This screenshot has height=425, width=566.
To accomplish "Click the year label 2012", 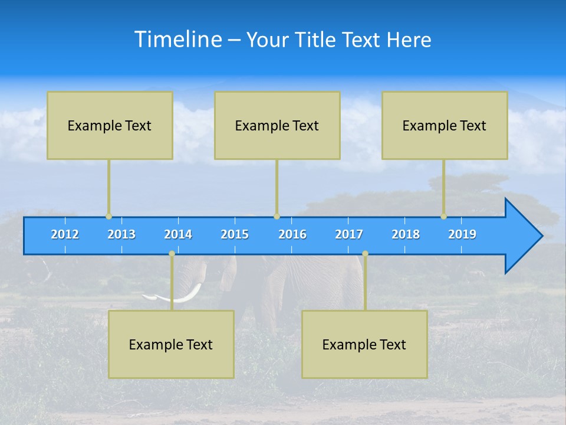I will [x=65, y=234].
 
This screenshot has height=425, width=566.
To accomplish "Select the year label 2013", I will [x=121, y=234].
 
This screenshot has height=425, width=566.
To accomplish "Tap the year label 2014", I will [x=178, y=234].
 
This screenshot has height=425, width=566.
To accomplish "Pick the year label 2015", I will [x=235, y=234].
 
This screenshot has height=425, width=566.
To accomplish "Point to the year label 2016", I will [x=292, y=234].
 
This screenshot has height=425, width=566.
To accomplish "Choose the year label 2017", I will [x=349, y=234].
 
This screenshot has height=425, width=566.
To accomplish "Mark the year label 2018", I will [x=406, y=234].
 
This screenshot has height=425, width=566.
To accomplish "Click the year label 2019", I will [x=462, y=234].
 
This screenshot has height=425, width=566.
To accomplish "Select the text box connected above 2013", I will [x=110, y=125].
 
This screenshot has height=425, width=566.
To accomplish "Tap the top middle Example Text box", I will [x=277, y=125].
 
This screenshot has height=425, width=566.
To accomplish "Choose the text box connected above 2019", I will [x=445, y=125].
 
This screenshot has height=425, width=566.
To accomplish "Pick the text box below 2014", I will [x=171, y=344].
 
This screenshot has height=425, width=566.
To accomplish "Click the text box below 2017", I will [x=364, y=344].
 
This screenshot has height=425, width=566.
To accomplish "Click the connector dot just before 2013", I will [x=108, y=217].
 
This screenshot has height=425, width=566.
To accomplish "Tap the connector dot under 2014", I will [x=172, y=254].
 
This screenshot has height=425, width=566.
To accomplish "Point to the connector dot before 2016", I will [x=277, y=217].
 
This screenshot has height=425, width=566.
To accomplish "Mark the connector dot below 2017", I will [x=365, y=254].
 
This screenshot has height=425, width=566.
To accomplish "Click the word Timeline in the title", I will [x=178, y=40].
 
